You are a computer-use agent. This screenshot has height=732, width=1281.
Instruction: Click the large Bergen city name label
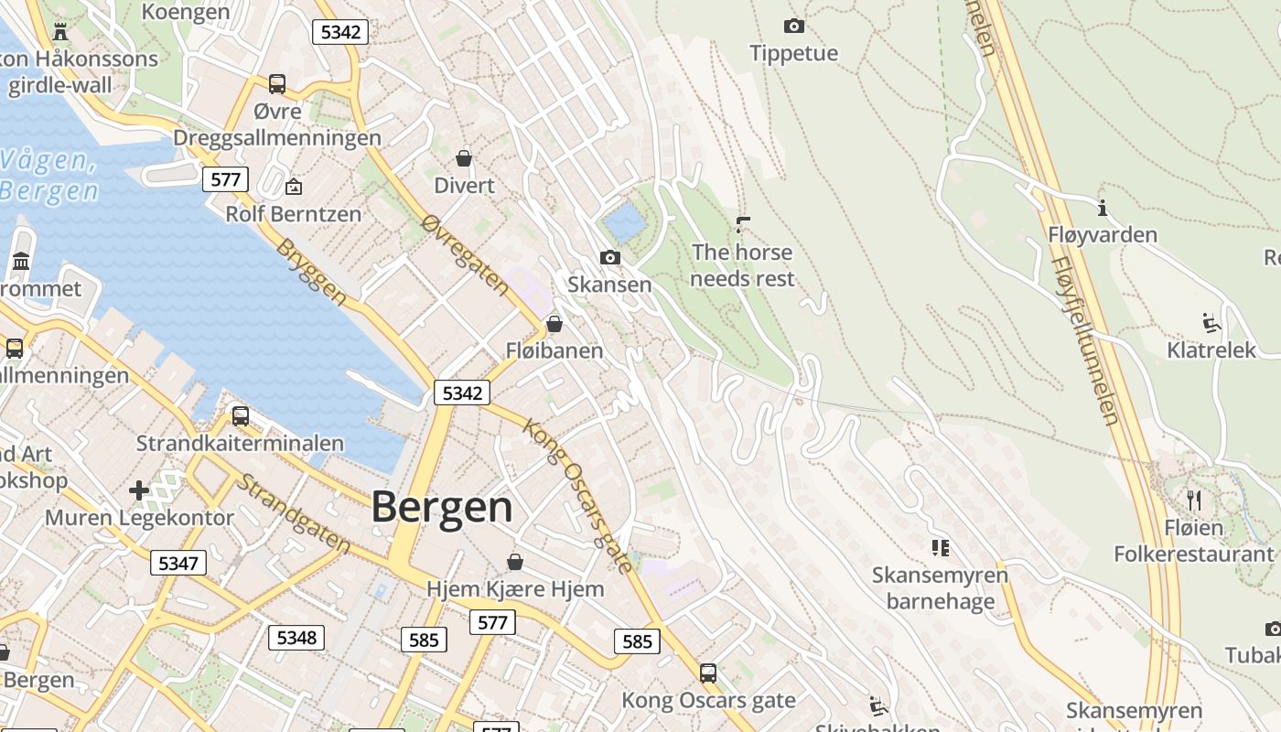(442, 507)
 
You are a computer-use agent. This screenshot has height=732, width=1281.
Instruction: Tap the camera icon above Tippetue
(794, 27)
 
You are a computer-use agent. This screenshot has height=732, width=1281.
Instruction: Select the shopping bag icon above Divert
(464, 158)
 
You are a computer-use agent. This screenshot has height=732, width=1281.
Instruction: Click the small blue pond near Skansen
(624, 221)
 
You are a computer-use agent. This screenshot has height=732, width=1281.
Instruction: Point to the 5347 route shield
(178, 563)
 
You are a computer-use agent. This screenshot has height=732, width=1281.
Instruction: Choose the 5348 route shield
(296, 637)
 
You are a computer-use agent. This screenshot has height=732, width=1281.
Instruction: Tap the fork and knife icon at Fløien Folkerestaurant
(1193, 500)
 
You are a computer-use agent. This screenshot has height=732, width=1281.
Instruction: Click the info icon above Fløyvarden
(1103, 209)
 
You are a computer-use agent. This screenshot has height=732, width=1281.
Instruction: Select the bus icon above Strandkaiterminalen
(241, 416)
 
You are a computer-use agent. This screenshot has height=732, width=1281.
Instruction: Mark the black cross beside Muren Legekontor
(139, 490)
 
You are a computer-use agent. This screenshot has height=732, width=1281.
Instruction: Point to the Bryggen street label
(312, 272)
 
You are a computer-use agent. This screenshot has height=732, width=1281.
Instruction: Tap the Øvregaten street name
(465, 255)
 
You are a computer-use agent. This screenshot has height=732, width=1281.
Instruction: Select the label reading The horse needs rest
(742, 265)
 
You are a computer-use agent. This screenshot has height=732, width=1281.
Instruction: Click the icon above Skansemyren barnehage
(940, 548)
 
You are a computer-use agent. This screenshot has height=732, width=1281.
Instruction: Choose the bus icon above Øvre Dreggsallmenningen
(277, 84)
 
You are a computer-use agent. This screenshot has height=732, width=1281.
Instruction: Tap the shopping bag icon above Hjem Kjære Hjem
(515, 561)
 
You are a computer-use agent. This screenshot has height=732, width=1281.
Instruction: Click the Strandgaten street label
(293, 513)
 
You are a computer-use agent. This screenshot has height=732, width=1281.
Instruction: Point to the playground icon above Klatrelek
(1211, 322)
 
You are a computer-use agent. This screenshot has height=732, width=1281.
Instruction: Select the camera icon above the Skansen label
(610, 258)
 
